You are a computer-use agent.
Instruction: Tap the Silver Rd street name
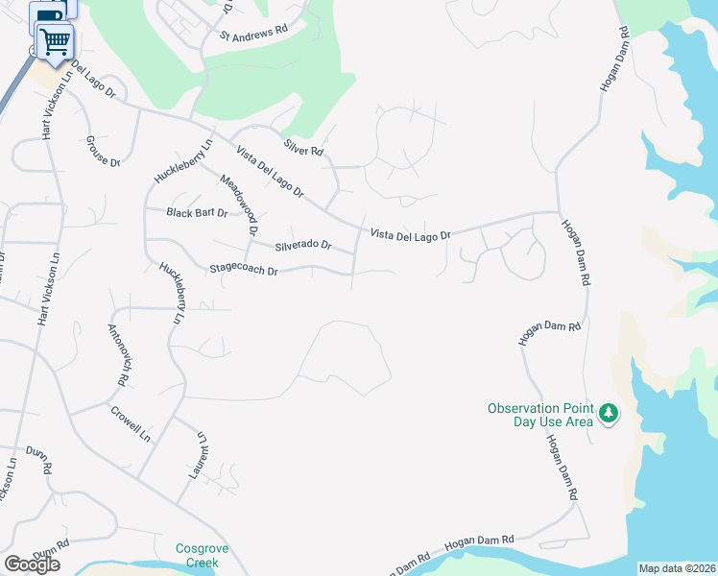pyautogui.click(x=303, y=147)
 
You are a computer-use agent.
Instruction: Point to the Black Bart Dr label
pyautogui.click(x=197, y=213)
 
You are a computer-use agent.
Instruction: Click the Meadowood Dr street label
pyautogui.click(x=239, y=205)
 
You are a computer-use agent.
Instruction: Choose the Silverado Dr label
pyautogui.click(x=302, y=246)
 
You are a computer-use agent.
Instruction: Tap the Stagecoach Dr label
pyautogui.click(x=244, y=271)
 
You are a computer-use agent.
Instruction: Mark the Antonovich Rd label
pyautogui.click(x=116, y=354)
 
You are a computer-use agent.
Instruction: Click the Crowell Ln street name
pyautogui.click(x=132, y=422)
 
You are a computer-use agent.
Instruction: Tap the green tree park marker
pyautogui.click(x=608, y=414)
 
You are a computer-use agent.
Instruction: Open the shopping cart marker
pyautogui.click(x=56, y=41)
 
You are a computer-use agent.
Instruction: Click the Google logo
pyautogui.click(x=32, y=564)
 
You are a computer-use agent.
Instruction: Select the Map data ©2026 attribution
pyautogui.click(x=677, y=568)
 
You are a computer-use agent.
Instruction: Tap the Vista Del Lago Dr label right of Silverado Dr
pyautogui.click(x=410, y=234)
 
